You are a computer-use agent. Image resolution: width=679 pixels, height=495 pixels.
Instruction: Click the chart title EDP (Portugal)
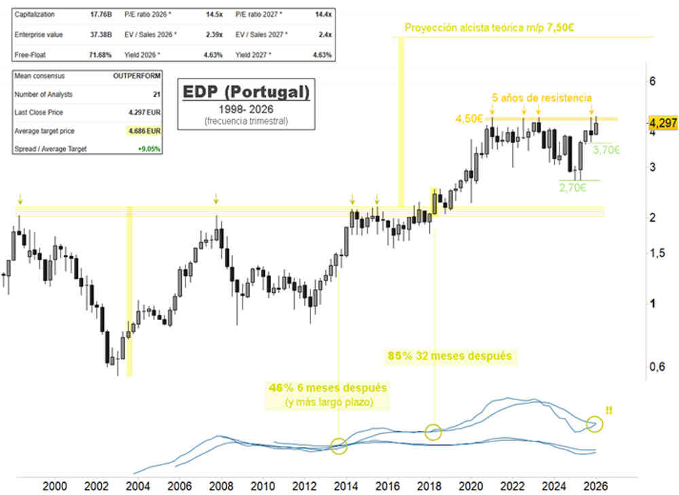click(244, 91)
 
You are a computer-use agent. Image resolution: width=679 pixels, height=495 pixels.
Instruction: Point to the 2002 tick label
click(96, 486)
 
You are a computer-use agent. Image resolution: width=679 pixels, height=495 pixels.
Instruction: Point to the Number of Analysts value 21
click(157, 94)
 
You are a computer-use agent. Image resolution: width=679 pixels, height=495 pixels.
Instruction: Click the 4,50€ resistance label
click(469, 119)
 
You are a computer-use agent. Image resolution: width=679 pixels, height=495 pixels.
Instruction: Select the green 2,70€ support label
click(572, 188)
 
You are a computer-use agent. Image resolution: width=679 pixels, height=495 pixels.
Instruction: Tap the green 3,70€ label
click(607, 150)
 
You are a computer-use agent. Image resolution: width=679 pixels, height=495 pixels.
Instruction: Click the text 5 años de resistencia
click(541, 98)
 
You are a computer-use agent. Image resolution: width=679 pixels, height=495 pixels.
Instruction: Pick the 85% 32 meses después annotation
click(449, 355)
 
